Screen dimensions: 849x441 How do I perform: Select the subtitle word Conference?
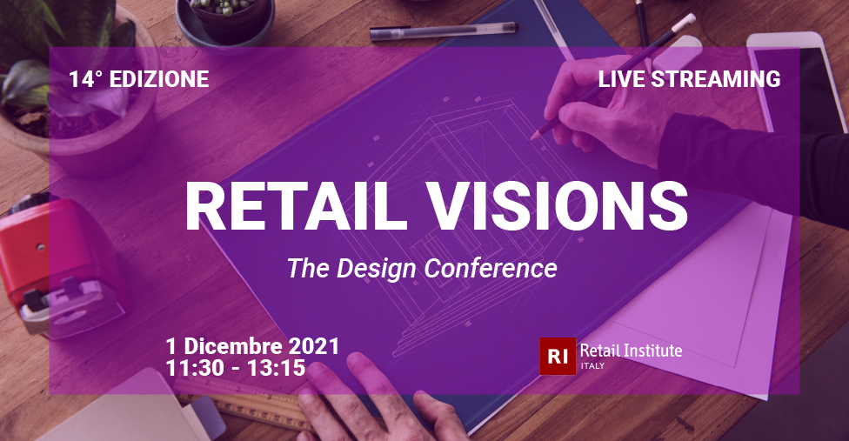(491, 269)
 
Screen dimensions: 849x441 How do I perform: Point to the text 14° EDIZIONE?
(138, 79)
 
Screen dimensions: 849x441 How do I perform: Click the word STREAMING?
(715, 79)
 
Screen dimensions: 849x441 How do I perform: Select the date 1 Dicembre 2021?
(252, 346)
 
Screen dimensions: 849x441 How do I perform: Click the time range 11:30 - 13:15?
(236, 368)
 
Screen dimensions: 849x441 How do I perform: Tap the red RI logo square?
(558, 356)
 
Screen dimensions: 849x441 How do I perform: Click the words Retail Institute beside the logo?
(631, 351)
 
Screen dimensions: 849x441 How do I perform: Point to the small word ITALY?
(592, 366)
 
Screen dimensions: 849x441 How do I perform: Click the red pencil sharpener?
(57, 265)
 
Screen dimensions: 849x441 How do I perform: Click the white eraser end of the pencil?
(684, 22)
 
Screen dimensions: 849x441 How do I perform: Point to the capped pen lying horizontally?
(444, 32)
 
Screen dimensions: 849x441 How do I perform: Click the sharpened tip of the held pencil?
(533, 137)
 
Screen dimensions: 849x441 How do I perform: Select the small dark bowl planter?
(224, 22)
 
